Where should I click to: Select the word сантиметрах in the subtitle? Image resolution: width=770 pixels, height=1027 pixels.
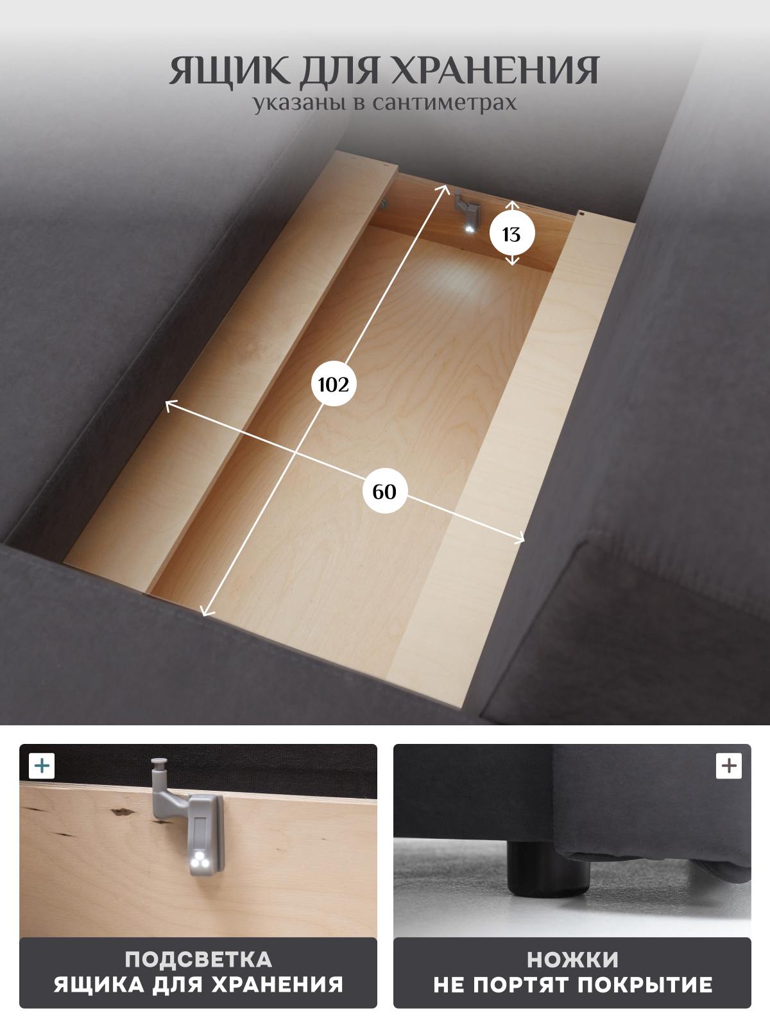445,103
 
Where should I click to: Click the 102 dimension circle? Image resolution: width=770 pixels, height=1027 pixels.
333,384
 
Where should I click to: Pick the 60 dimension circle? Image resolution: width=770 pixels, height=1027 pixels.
384,491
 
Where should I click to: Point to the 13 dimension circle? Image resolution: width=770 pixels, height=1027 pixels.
512,234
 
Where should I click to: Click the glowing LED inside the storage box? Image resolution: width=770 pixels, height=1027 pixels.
469,229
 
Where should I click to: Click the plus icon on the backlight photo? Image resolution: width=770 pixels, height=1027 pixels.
42,766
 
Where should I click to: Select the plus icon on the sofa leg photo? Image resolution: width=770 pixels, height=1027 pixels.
729,766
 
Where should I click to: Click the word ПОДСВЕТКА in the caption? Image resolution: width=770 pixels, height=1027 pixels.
199,960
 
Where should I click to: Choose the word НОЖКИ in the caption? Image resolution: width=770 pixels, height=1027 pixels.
572,960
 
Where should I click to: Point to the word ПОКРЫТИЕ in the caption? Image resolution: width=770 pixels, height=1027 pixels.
645,985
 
